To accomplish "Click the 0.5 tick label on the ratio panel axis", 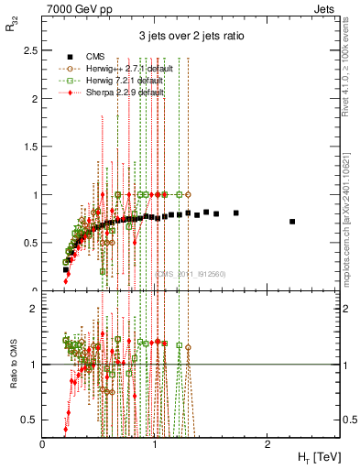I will (29, 419).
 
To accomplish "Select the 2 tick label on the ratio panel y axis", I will (34, 309).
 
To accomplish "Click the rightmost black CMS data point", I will (292, 222).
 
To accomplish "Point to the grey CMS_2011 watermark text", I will (190, 274).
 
